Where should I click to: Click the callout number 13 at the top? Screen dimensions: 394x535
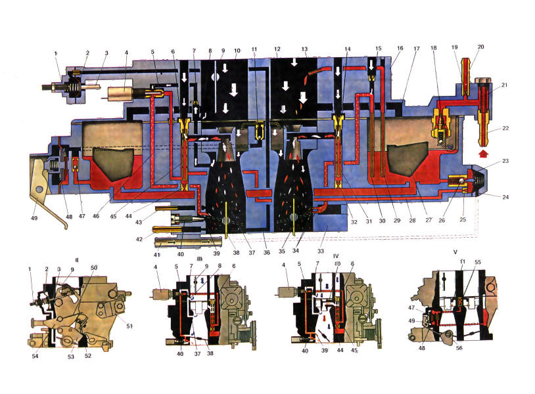tap(304, 49)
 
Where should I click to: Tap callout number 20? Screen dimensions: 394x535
tap(480, 47)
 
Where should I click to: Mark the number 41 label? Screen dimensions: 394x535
tap(156, 253)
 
